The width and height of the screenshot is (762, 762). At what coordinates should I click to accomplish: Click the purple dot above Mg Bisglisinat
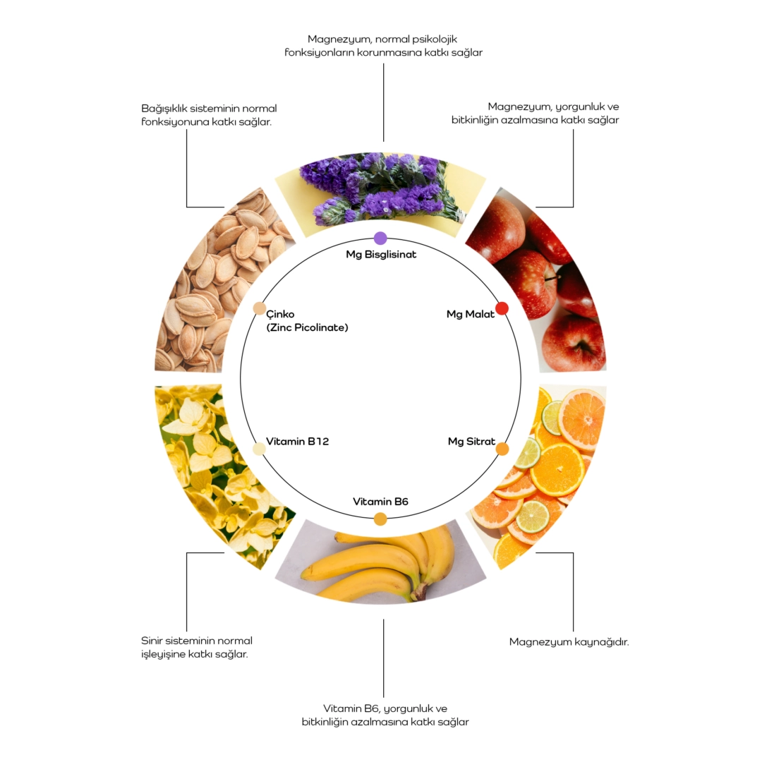click(x=380, y=238)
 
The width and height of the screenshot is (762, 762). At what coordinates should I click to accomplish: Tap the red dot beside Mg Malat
click(x=502, y=308)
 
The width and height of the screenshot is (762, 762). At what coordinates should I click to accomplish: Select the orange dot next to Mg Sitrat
click(x=502, y=449)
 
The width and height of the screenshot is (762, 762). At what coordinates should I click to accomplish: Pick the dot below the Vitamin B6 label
click(x=380, y=519)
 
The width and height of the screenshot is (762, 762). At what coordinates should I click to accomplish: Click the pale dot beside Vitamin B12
click(x=259, y=449)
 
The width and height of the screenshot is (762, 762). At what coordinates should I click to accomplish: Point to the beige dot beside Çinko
click(x=259, y=308)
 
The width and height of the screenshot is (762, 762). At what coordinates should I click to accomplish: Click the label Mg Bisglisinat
click(x=381, y=254)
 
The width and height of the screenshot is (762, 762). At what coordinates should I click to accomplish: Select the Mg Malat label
click(x=470, y=314)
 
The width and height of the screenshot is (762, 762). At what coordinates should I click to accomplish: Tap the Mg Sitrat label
click(x=471, y=442)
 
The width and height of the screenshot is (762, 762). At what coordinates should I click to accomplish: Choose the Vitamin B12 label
click(x=297, y=442)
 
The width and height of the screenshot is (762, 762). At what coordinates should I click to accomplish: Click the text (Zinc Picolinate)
click(x=307, y=327)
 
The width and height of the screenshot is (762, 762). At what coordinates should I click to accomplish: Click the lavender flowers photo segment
click(x=381, y=190)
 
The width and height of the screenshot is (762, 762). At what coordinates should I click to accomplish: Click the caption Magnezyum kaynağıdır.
click(x=569, y=642)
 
